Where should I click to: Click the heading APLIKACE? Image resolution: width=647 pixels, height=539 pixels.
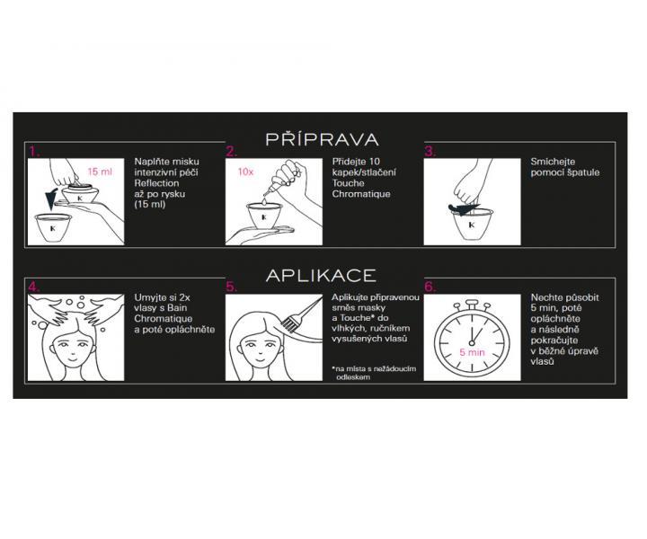click(322, 274)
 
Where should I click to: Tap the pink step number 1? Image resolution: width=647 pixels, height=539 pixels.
click(33, 152)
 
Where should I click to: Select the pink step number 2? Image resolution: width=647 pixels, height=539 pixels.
click(232, 152)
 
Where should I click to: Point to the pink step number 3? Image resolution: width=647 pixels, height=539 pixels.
click(430, 152)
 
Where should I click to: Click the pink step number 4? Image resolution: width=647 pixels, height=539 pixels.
click(34, 287)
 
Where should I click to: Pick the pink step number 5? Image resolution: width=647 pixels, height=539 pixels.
click(232, 287)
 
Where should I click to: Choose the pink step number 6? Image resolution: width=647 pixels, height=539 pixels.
click(430, 287)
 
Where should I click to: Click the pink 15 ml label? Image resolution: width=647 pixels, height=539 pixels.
click(101, 171)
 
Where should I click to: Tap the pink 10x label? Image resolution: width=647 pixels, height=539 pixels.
click(244, 171)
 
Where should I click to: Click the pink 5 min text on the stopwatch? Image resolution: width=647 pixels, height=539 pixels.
click(472, 353)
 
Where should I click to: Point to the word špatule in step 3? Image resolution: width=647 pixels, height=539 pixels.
click(583, 172)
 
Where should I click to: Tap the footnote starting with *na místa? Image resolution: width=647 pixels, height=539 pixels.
click(364, 373)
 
